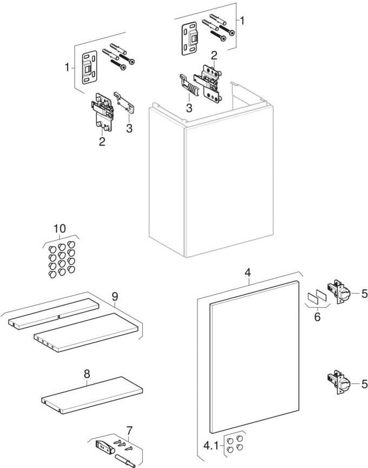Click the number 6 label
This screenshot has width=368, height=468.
pyautogui.click(x=317, y=316)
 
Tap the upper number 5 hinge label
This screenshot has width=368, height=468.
pyautogui.click(x=364, y=294)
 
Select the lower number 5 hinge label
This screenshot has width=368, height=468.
pyautogui.click(x=364, y=384)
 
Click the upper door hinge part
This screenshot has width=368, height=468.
pyautogui.click(x=338, y=294)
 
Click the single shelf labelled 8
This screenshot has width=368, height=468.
pyautogui.click(x=91, y=394)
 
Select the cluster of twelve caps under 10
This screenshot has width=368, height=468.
pyautogui.click(x=60, y=259)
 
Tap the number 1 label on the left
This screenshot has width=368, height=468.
pyautogui.click(x=67, y=68)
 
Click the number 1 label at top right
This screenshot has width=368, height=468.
pyautogui.click(x=242, y=21)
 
